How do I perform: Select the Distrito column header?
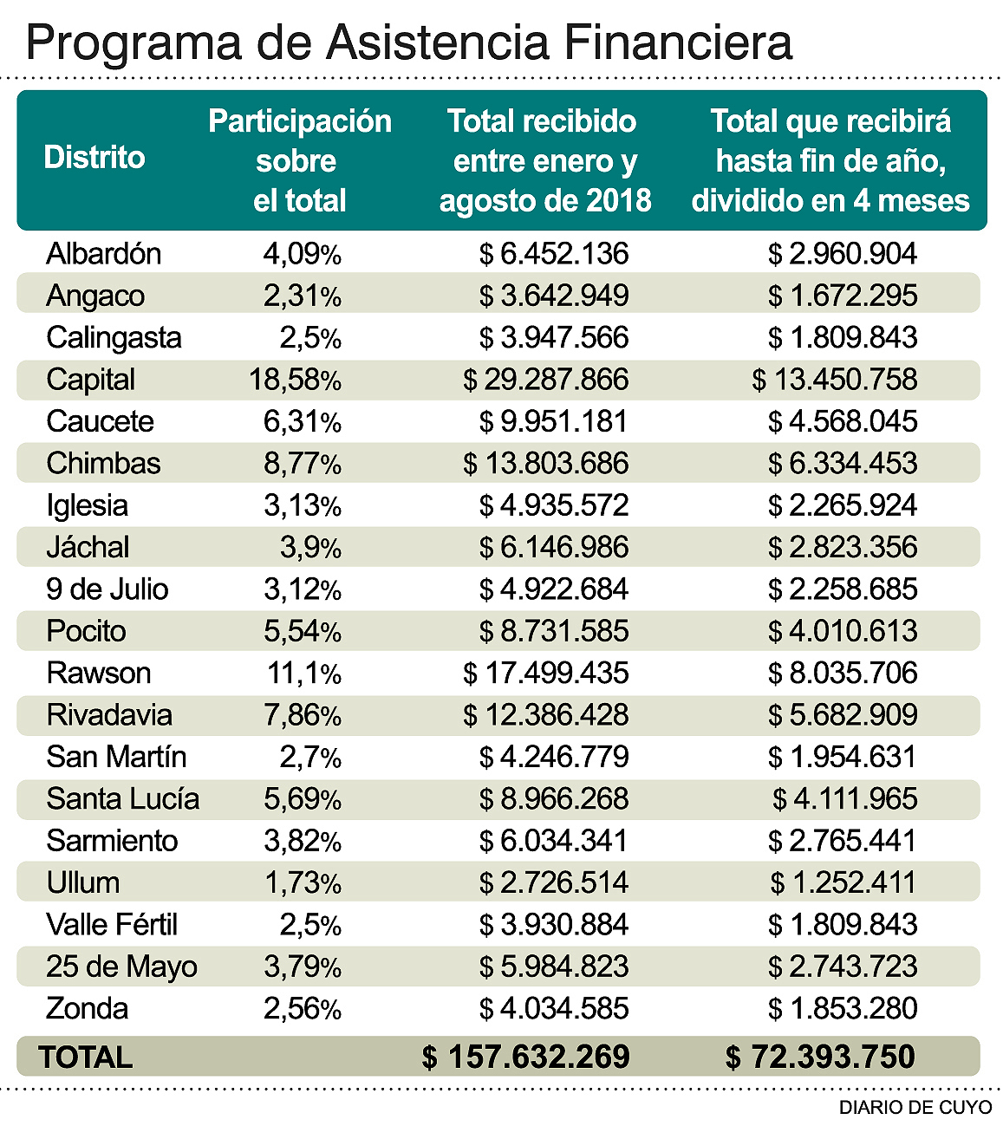94,158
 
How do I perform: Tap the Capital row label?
90,380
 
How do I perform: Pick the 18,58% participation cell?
295,380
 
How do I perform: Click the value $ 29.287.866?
545,380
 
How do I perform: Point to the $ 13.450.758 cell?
834,380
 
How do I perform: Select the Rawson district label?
98,674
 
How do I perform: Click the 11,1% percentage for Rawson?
303,674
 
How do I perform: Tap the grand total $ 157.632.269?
525,1058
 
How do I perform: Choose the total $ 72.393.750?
819,1058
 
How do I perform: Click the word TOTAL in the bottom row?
85,1058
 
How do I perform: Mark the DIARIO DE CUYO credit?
915,1108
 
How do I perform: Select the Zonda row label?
87,1009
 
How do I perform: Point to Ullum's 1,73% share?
303,883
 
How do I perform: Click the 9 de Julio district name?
107,589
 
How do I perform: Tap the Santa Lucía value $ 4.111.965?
844,799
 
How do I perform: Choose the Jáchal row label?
88,548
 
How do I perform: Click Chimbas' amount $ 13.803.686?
545,464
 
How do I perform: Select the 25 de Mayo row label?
121,967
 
